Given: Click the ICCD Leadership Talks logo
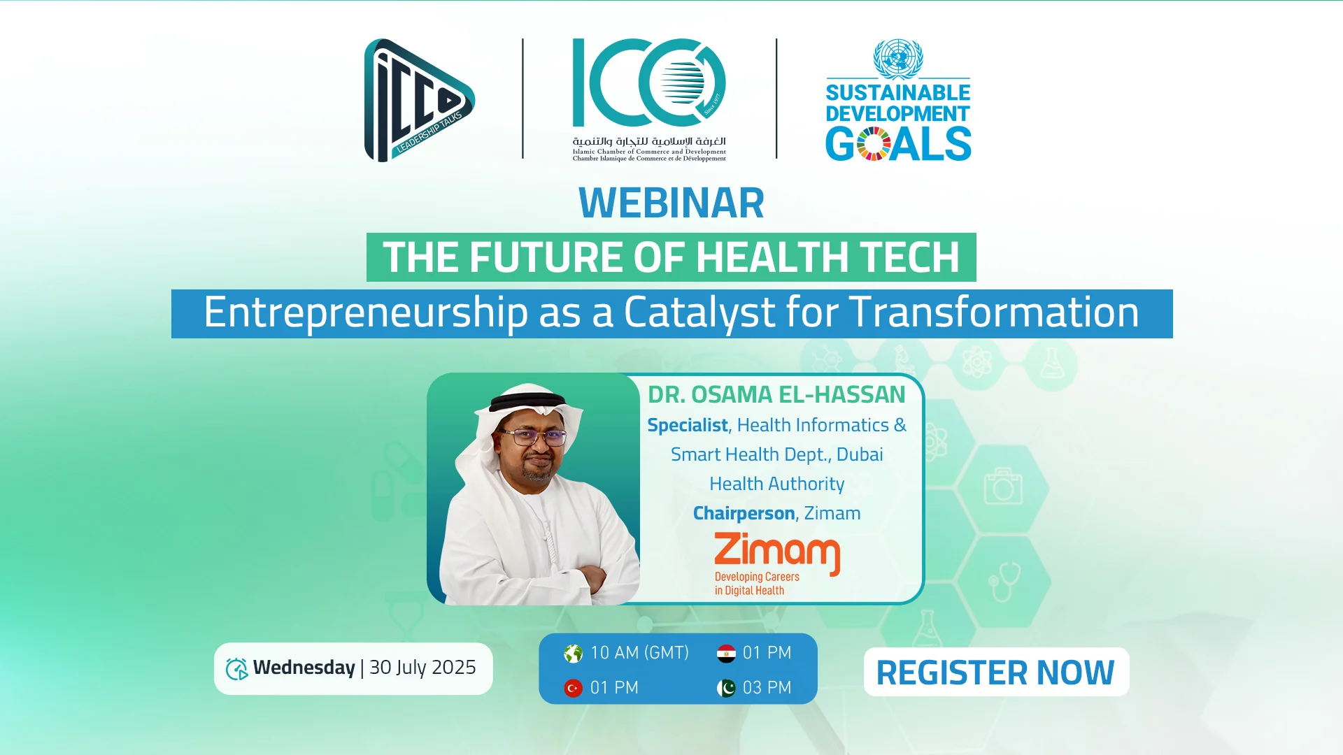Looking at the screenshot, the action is click(x=418, y=100).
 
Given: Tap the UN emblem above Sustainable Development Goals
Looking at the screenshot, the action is click(x=898, y=59).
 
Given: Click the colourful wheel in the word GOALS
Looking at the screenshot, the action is click(x=873, y=144).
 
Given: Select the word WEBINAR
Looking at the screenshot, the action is click(x=671, y=203).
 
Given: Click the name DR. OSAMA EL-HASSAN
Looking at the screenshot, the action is click(x=776, y=395).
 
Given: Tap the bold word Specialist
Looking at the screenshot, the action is click(x=688, y=426).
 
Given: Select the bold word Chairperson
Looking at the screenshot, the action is click(x=744, y=514).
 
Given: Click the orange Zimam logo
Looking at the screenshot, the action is click(x=777, y=563).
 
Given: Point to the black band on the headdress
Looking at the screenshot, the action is click(x=535, y=401).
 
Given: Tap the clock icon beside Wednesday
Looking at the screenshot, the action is click(x=236, y=669).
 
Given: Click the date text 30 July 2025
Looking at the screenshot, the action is click(x=422, y=668).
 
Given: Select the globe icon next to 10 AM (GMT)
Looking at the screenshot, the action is click(x=573, y=654).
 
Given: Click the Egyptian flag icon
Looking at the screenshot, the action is click(x=726, y=654).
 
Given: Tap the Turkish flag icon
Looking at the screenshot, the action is click(x=573, y=689).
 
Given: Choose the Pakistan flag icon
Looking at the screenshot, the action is click(x=726, y=689).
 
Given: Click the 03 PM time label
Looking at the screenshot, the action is click(x=767, y=688).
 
